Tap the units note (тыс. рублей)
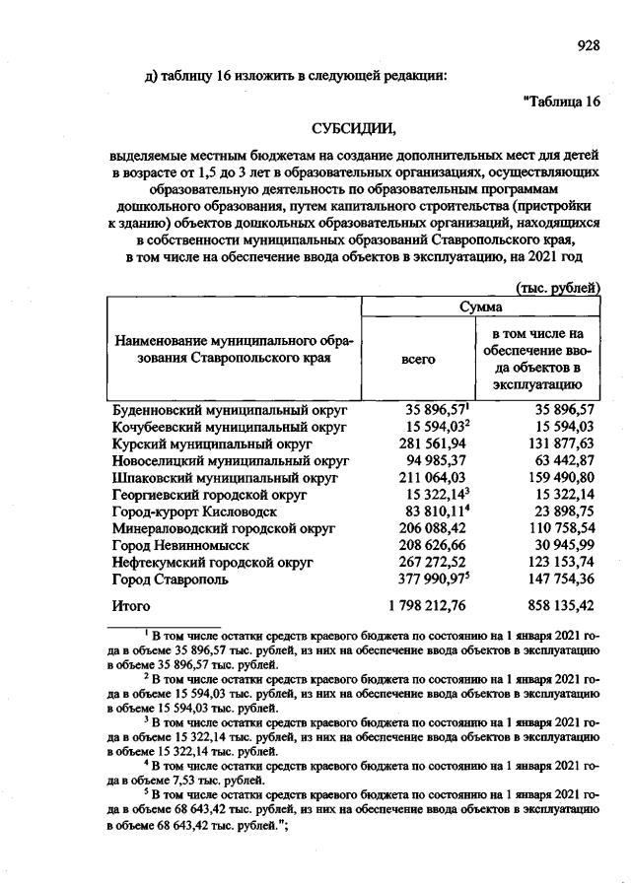[x=559, y=288]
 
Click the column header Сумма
[x=482, y=308]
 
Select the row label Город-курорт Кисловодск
[x=194, y=512]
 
